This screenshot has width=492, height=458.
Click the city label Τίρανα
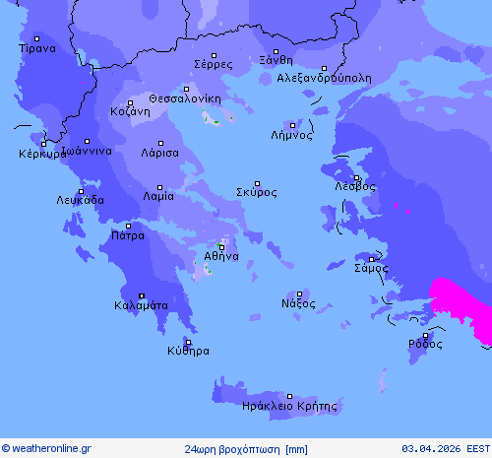[37, 47]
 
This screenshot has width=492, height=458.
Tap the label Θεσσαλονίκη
[185, 98]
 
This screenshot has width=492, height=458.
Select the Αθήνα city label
[221, 256]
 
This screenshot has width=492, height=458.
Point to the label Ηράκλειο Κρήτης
[289, 406]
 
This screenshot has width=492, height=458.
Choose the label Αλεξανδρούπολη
[324, 77]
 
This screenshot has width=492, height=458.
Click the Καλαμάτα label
[141, 305]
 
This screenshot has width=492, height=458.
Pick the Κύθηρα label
[188, 351]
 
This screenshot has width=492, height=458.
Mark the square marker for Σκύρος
[258, 183]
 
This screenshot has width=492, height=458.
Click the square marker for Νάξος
[299, 294]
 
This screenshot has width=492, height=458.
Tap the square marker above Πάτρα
[127, 226]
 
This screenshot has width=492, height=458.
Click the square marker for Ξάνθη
[277, 51]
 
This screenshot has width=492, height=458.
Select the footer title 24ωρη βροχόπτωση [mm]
[245, 449]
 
